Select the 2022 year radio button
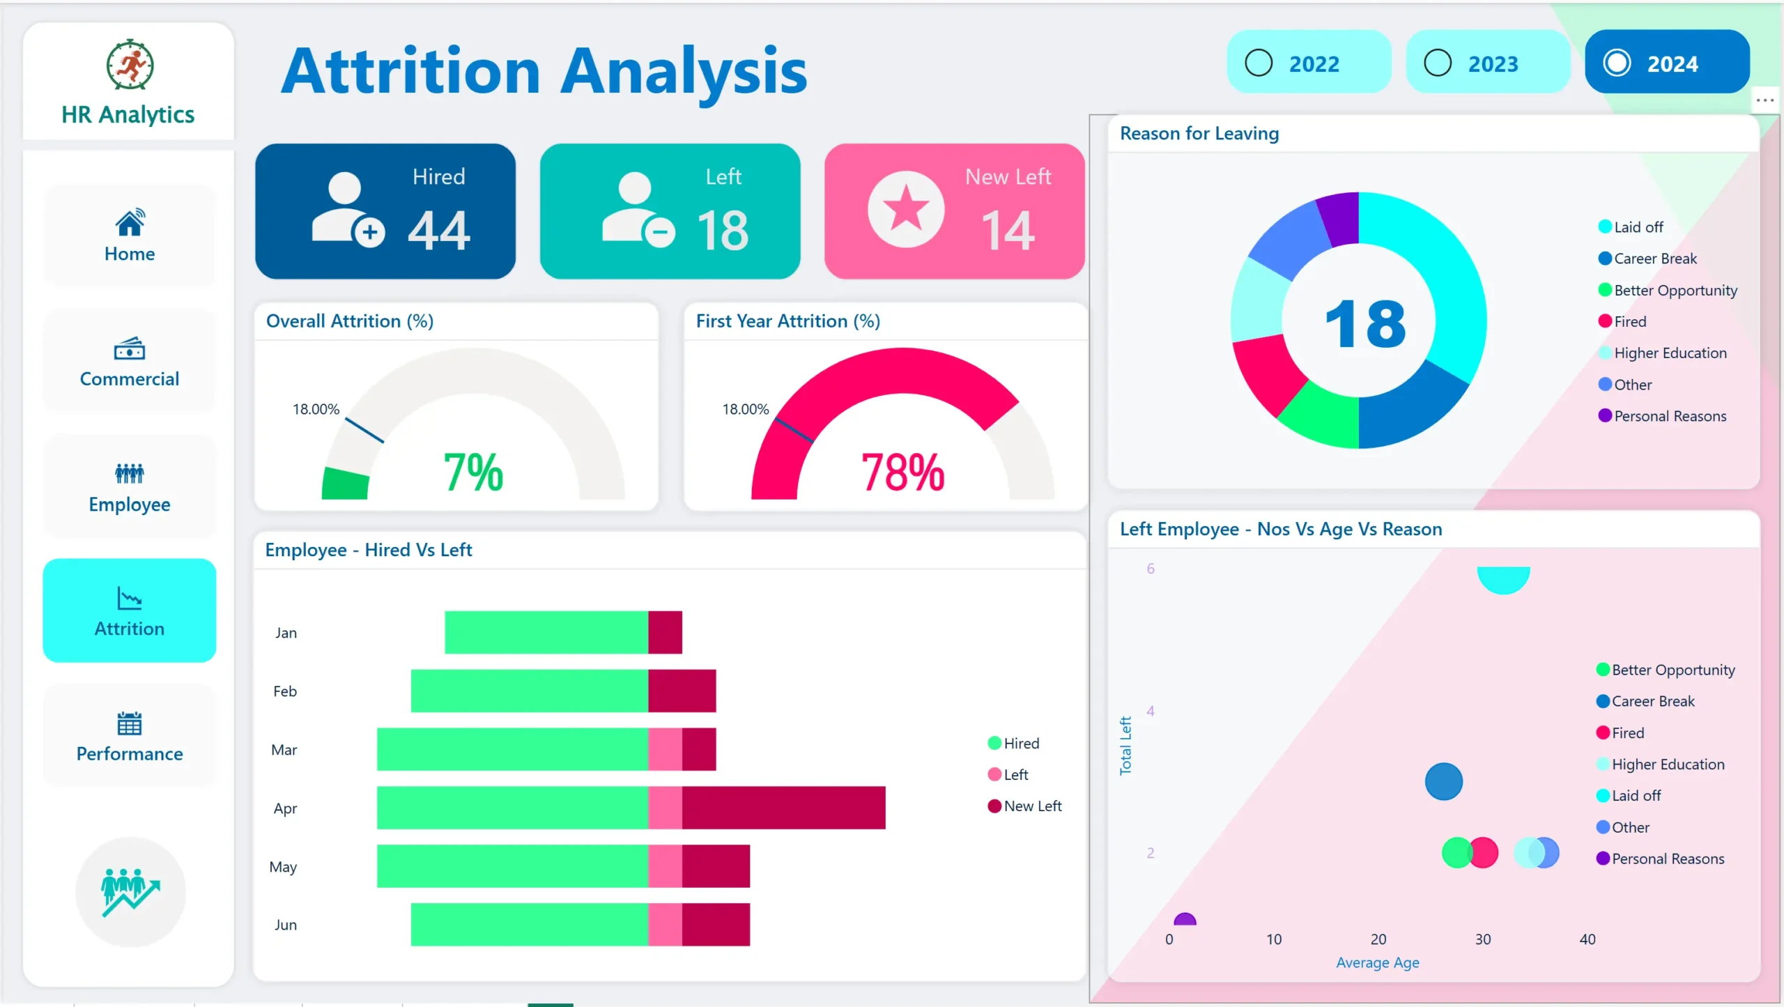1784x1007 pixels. (x=1259, y=63)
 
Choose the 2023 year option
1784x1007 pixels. (x=1438, y=63)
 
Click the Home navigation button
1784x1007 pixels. (x=130, y=236)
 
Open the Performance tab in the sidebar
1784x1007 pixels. (x=130, y=736)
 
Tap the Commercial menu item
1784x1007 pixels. (x=130, y=361)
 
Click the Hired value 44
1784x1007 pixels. (x=439, y=231)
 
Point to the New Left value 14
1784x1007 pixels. (x=1008, y=231)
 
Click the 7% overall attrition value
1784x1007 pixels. (x=473, y=472)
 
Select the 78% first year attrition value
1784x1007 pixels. (x=902, y=472)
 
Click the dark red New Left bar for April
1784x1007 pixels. (x=783, y=808)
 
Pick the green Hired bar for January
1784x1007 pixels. (x=546, y=632)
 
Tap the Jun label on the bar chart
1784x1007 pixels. (x=286, y=925)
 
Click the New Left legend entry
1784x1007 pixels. (x=1032, y=806)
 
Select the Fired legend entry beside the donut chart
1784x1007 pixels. (x=1629, y=321)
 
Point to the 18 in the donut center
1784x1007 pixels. (x=1365, y=324)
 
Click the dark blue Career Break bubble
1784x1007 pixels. (x=1443, y=781)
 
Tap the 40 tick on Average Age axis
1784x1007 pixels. (x=1587, y=939)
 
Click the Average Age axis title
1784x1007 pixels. (x=1377, y=962)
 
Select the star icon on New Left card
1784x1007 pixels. (x=906, y=208)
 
